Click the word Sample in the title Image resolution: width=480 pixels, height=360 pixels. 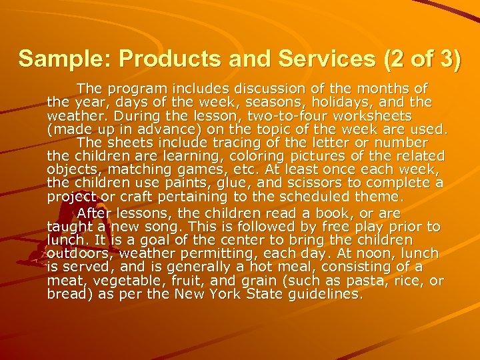57,59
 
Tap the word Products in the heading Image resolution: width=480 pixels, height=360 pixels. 154,59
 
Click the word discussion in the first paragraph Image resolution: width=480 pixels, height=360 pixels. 247,88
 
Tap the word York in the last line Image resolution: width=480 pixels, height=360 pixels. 244,294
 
